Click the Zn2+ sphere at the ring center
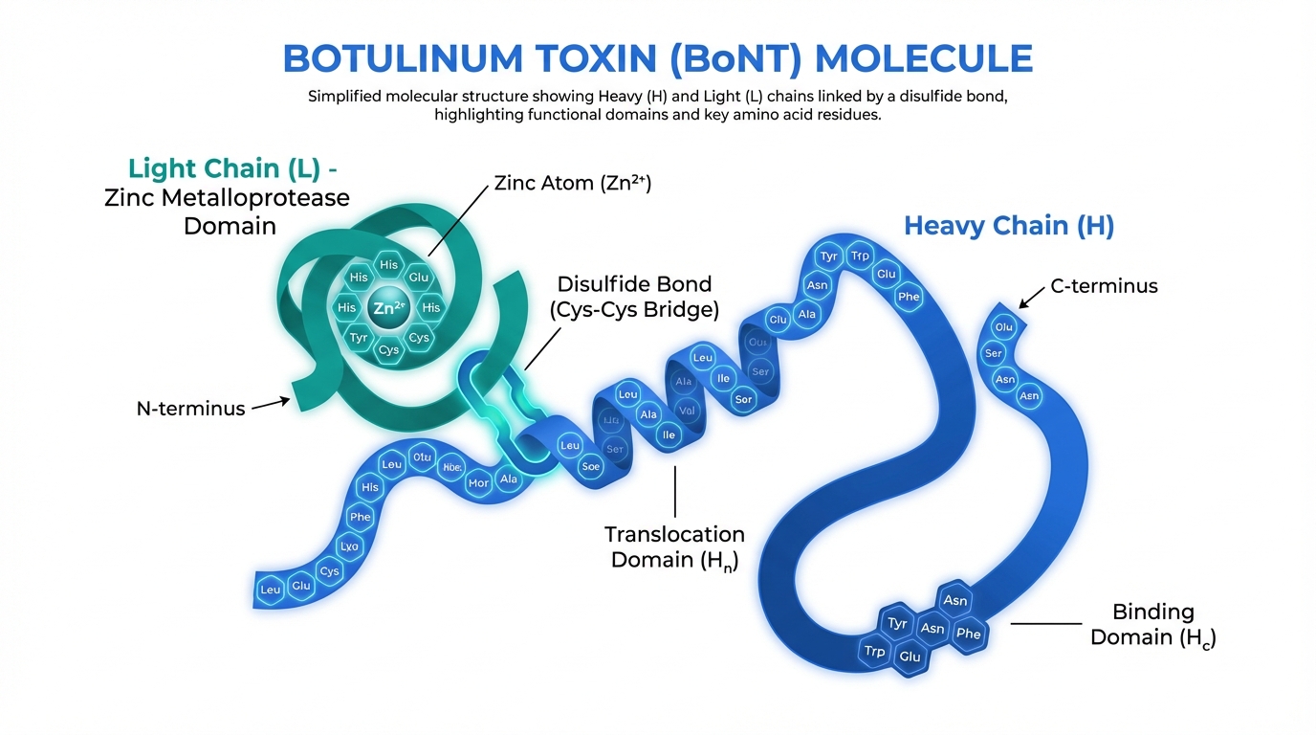pos(388,307)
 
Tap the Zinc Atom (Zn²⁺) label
pos(572,184)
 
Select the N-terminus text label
pos(190,409)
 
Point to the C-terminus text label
pos(1104,285)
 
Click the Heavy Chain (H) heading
pos(1009,226)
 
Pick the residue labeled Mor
pos(478,482)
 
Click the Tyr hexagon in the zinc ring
pos(359,338)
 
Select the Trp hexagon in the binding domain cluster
pos(874,651)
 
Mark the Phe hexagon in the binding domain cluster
pos(968,633)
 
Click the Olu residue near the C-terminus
pos(1003,326)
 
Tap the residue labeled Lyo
pos(350,546)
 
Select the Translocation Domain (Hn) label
pos(674,546)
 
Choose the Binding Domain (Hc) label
pos(1152,624)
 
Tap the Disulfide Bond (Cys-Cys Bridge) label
pos(634,297)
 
